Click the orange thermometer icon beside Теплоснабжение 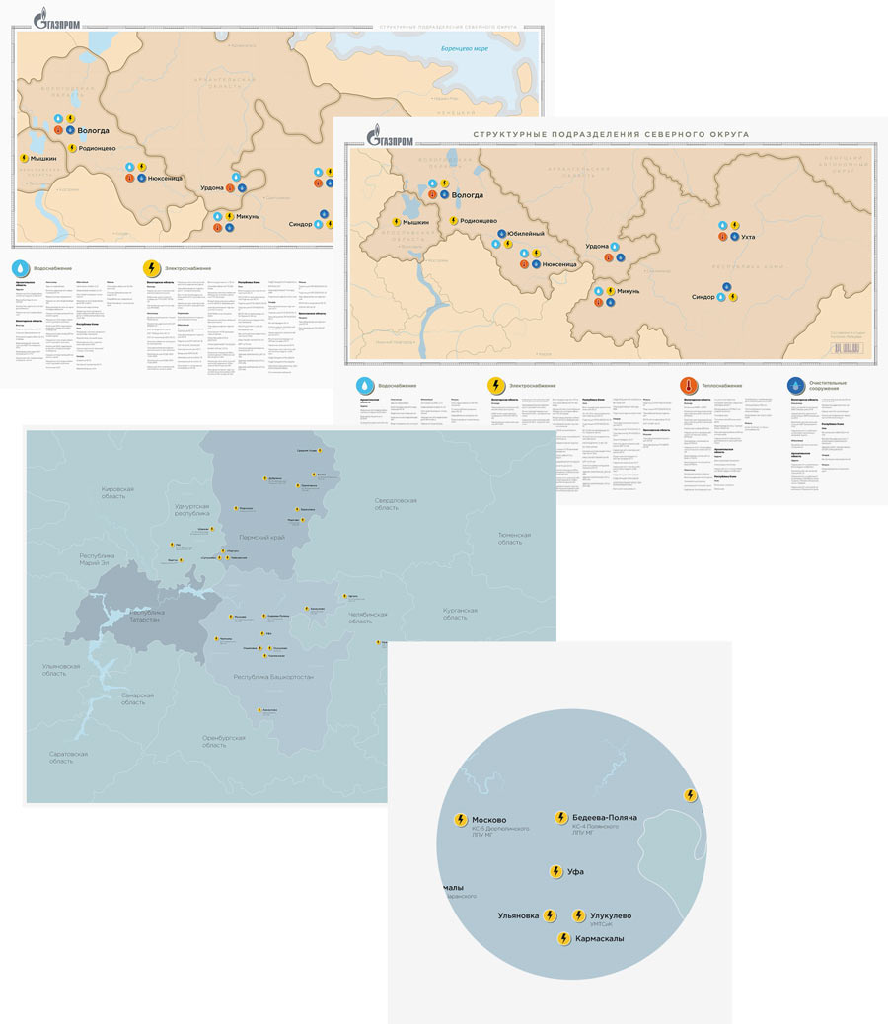click(689, 386)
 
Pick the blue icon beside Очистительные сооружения click(796, 386)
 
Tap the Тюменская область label click(514, 539)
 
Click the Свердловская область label click(395, 504)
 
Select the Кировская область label click(125, 493)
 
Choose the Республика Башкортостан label click(273, 678)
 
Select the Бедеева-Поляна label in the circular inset click(604, 818)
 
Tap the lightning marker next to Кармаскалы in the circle click(564, 939)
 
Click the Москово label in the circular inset click(489, 820)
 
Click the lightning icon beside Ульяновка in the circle click(551, 915)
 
